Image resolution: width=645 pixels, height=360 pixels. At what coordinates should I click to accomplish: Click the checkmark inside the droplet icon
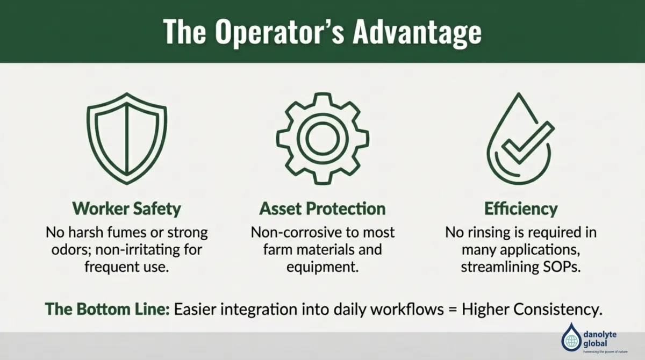[x=524, y=142]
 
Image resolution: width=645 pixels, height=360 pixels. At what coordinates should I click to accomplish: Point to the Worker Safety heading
[x=126, y=208]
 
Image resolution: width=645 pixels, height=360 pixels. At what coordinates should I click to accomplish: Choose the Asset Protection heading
[x=322, y=208]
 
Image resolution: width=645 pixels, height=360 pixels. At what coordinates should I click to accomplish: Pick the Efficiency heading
[x=520, y=208]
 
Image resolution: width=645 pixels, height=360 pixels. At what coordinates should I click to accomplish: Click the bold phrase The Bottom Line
[x=107, y=309]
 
